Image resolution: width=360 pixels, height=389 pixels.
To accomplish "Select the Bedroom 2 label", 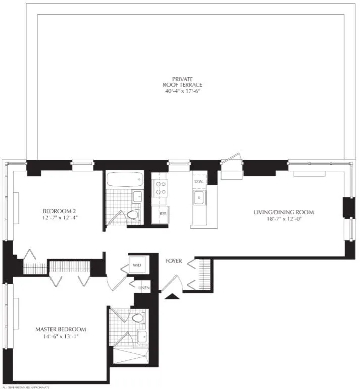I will pyautogui.click(x=59, y=211).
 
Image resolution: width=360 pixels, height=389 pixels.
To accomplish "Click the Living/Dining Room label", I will pyautogui.click(x=283, y=212).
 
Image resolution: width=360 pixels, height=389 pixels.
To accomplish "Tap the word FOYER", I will pyautogui.click(x=173, y=261).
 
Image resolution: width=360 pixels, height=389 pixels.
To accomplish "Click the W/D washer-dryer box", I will pyautogui.click(x=137, y=265).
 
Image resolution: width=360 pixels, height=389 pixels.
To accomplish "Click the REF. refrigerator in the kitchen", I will pyautogui.click(x=162, y=213).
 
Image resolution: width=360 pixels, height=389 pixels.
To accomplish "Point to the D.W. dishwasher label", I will pyautogui.click(x=198, y=181).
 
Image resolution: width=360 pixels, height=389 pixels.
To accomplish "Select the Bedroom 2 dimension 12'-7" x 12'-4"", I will pyautogui.click(x=59, y=219).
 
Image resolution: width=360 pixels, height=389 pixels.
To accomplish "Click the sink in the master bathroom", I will pyautogui.click(x=142, y=336).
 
